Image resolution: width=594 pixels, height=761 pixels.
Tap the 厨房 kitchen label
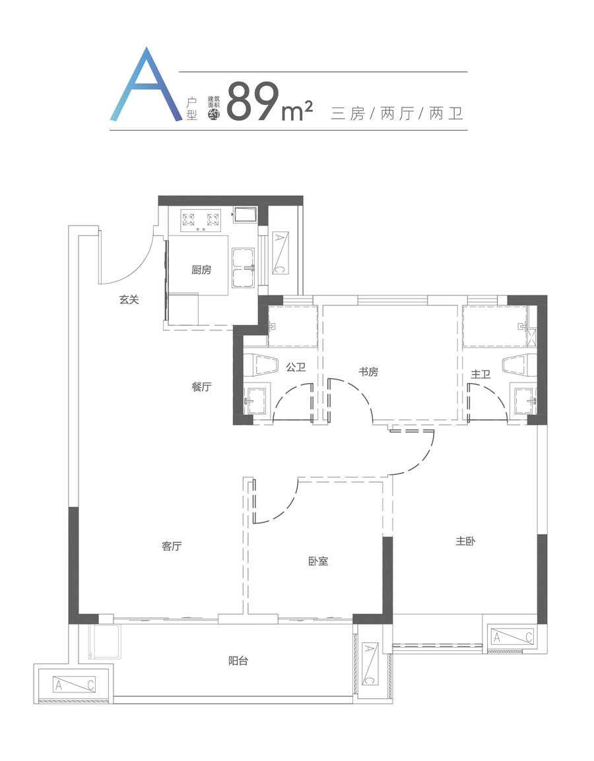[x=201, y=269]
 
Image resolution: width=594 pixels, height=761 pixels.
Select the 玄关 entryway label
[x=129, y=299]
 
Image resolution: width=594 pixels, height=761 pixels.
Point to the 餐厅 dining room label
[x=201, y=387]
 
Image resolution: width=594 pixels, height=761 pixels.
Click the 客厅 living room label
[x=172, y=546]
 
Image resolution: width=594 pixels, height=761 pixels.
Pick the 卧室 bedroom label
[x=318, y=561]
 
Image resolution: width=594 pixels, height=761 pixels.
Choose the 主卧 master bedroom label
[x=465, y=541]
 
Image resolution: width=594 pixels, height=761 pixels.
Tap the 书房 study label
[x=368, y=372]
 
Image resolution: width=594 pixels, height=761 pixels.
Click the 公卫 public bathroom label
[x=296, y=367]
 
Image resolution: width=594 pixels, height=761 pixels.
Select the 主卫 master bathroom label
[x=480, y=374]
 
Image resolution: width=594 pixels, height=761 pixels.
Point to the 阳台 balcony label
[x=238, y=661]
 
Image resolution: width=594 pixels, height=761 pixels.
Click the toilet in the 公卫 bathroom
[x=261, y=365]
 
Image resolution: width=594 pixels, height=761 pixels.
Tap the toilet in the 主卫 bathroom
[x=519, y=365]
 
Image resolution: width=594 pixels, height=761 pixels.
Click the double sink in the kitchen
[x=244, y=268]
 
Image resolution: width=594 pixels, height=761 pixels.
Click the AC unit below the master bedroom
[x=512, y=636]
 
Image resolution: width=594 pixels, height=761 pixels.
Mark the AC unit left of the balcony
[x=75, y=685]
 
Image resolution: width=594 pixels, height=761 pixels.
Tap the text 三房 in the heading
[x=347, y=113]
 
